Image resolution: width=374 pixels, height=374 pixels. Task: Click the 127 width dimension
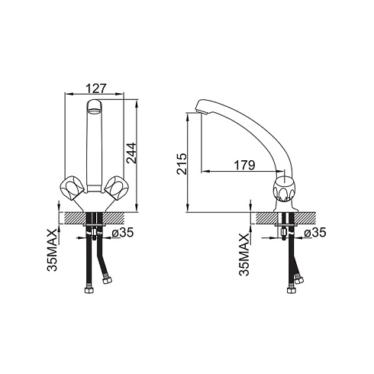point(95,89)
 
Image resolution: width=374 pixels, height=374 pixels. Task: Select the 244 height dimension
point(131,153)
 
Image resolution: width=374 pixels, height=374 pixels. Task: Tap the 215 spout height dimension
point(182,164)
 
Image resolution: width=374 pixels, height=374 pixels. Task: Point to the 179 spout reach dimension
point(244,165)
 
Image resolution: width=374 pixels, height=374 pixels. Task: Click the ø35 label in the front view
point(123,232)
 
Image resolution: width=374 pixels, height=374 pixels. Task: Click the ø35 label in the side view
point(315,232)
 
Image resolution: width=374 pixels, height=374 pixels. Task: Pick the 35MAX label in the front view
point(53,250)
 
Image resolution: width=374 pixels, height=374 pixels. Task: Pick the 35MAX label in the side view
point(244,255)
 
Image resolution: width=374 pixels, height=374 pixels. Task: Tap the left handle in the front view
point(72,189)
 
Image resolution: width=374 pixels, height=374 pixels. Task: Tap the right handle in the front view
point(116,189)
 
